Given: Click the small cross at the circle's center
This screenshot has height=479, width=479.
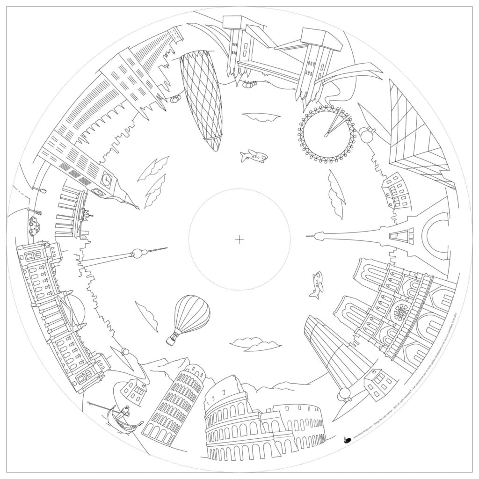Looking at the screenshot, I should [239, 240].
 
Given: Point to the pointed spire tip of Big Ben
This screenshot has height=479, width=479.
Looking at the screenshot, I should [138, 208].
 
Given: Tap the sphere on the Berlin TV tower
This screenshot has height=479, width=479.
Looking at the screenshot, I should [138, 254].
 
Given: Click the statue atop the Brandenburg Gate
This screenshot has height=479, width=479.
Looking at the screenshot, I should [87, 215].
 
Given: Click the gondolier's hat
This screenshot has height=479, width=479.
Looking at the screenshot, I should [125, 408].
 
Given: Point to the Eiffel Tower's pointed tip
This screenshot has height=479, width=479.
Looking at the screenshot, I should [307, 236].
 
